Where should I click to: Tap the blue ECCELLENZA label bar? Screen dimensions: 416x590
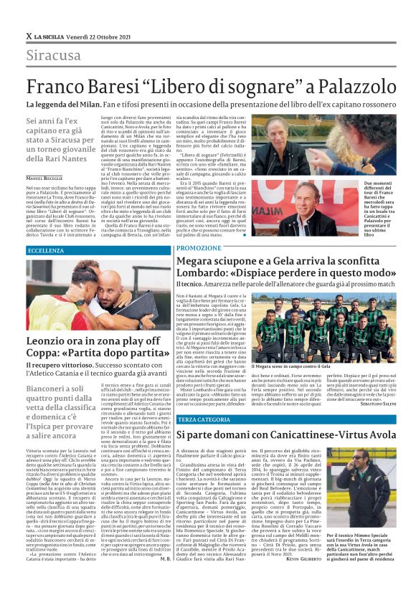(97, 250)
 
